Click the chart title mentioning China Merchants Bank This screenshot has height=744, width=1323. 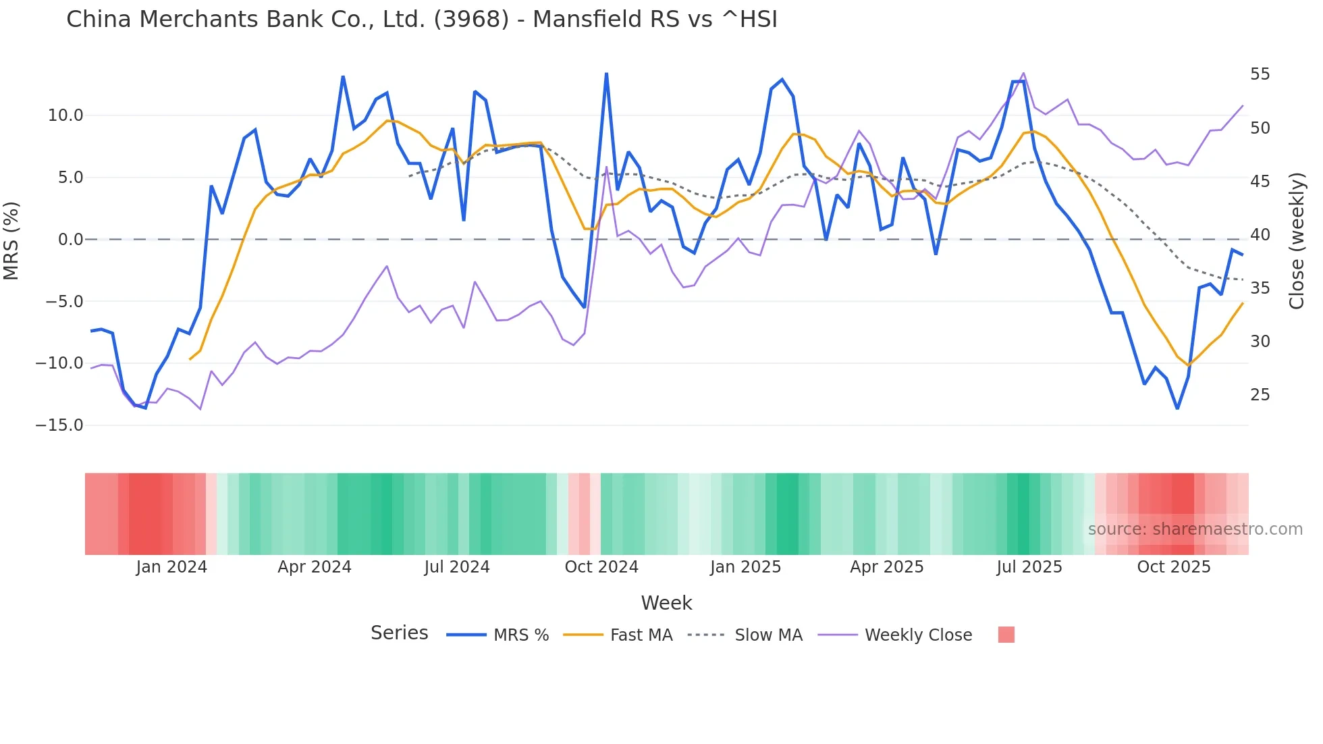pos(421,20)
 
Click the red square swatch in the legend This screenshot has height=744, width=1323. pos(1006,635)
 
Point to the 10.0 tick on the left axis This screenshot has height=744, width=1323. pos(65,115)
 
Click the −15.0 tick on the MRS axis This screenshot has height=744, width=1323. pos(59,425)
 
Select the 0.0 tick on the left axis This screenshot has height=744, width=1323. pos(70,240)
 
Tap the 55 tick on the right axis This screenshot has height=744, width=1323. pos(1260,74)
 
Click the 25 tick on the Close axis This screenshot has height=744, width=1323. pos(1260,395)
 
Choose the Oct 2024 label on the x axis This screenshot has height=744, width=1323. pos(601,567)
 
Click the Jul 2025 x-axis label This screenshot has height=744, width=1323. pos(1029,567)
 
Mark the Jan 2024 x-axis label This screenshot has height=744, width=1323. pos(171,567)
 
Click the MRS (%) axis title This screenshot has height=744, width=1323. pos(11,240)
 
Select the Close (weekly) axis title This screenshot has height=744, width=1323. pos(1296,240)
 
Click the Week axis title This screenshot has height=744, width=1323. pos(666,603)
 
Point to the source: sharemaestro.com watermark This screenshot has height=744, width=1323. pos(1195,529)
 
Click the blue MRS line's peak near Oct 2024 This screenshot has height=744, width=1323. pos(606,74)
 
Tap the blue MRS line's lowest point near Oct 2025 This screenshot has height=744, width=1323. pos(1177,408)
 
